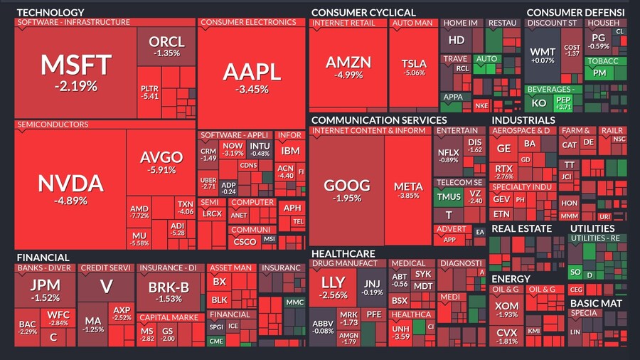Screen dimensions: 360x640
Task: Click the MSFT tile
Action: tap(75, 71)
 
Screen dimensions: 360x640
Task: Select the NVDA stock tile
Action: tap(71, 189)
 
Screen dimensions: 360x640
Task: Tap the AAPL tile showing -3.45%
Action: tap(251, 77)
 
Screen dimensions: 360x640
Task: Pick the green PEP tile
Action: tap(562, 102)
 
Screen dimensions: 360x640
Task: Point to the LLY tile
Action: tap(334, 287)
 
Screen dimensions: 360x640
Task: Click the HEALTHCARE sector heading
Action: tap(343, 253)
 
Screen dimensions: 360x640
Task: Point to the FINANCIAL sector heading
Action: tap(43, 257)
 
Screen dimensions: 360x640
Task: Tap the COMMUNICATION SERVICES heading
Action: tap(378, 120)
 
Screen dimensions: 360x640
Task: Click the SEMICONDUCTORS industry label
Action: tap(53, 125)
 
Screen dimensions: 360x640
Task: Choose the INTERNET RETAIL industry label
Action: tap(343, 23)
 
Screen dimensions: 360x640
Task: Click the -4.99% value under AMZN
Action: tap(348, 76)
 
